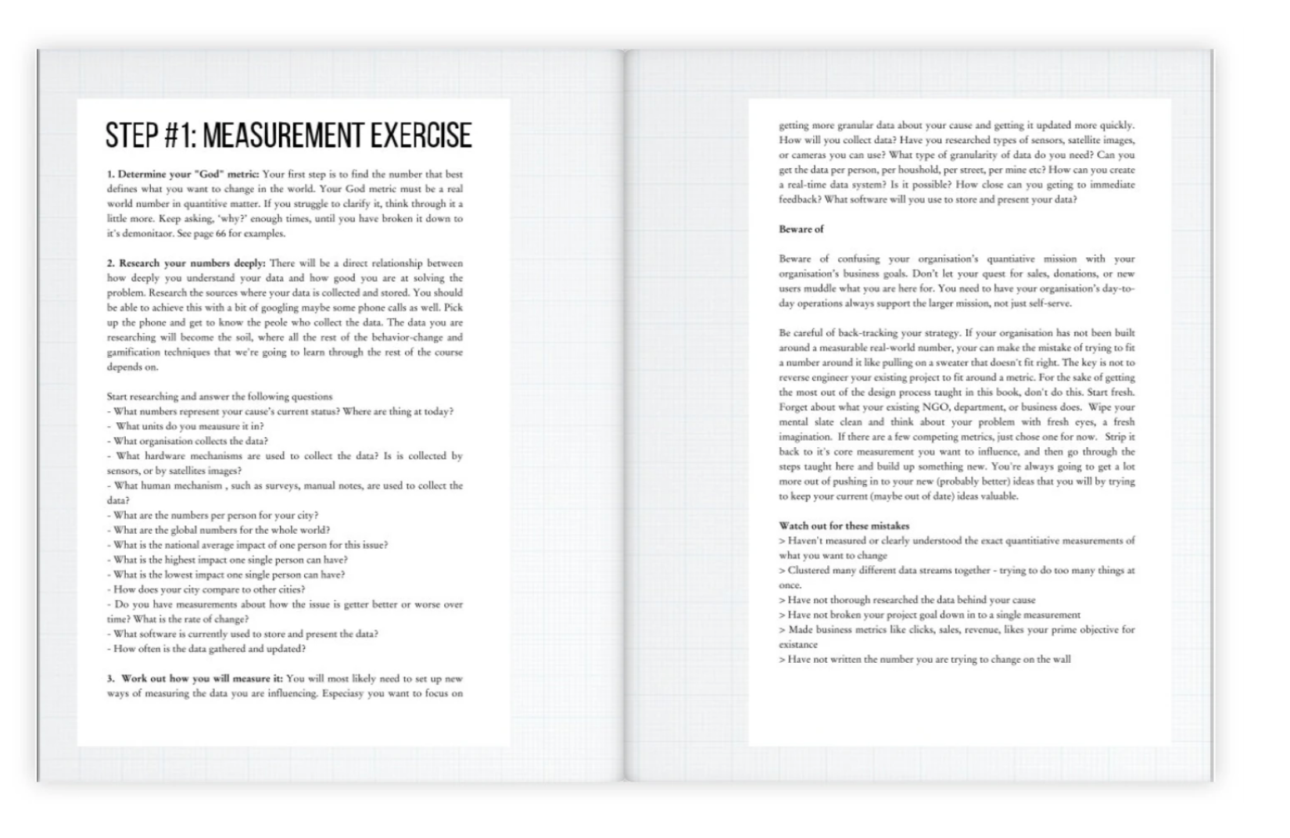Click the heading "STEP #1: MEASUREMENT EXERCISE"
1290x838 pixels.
288,136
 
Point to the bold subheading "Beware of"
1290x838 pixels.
801,229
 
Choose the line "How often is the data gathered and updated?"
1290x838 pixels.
209,649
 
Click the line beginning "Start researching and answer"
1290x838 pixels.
220,396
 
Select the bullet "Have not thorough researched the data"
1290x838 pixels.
907,600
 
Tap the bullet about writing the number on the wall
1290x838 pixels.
925,660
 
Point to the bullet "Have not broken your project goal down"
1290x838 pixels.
930,614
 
